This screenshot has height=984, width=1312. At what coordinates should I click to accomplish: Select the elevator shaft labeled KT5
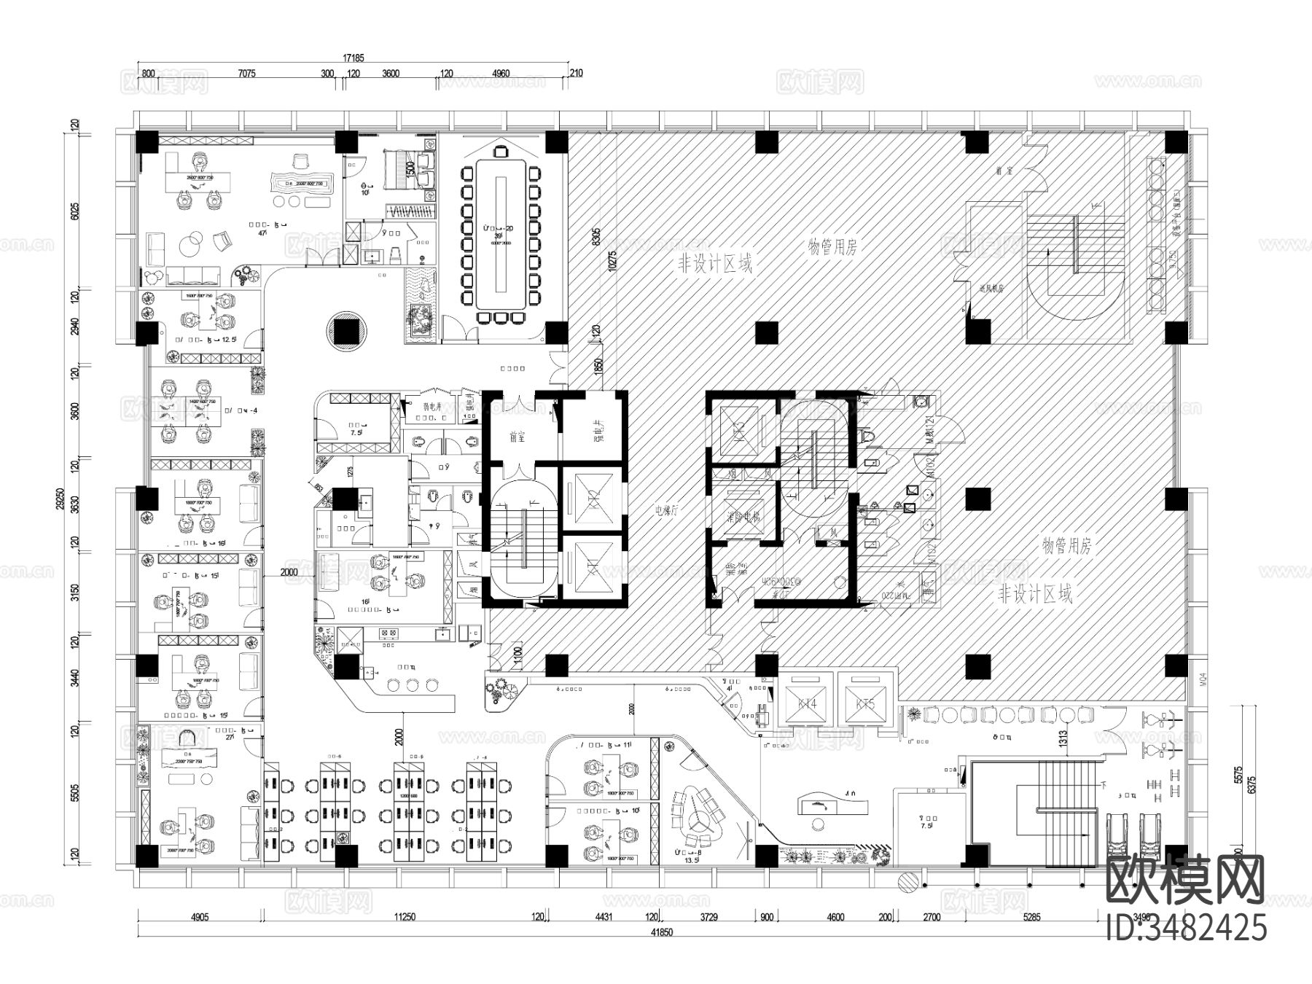(x=865, y=704)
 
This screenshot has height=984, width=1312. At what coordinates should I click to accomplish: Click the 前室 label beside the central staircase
(x=518, y=437)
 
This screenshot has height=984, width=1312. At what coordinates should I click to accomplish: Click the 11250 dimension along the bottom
(x=404, y=917)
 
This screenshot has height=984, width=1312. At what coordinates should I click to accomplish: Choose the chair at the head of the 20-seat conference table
(x=500, y=151)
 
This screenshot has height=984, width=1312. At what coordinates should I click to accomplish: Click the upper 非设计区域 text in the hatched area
(x=714, y=263)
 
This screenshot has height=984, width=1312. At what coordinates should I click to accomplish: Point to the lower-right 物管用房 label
(x=1066, y=546)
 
